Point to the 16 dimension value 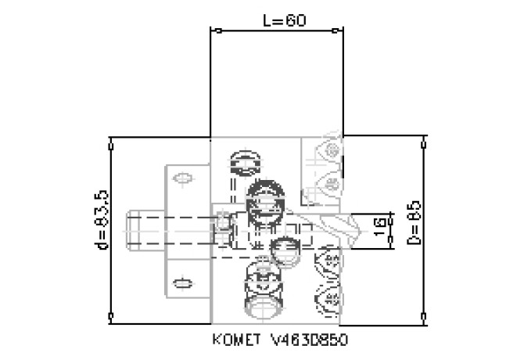(x=379, y=229)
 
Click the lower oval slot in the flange (x=181, y=283)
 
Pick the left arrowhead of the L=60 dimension (x=216, y=31)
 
